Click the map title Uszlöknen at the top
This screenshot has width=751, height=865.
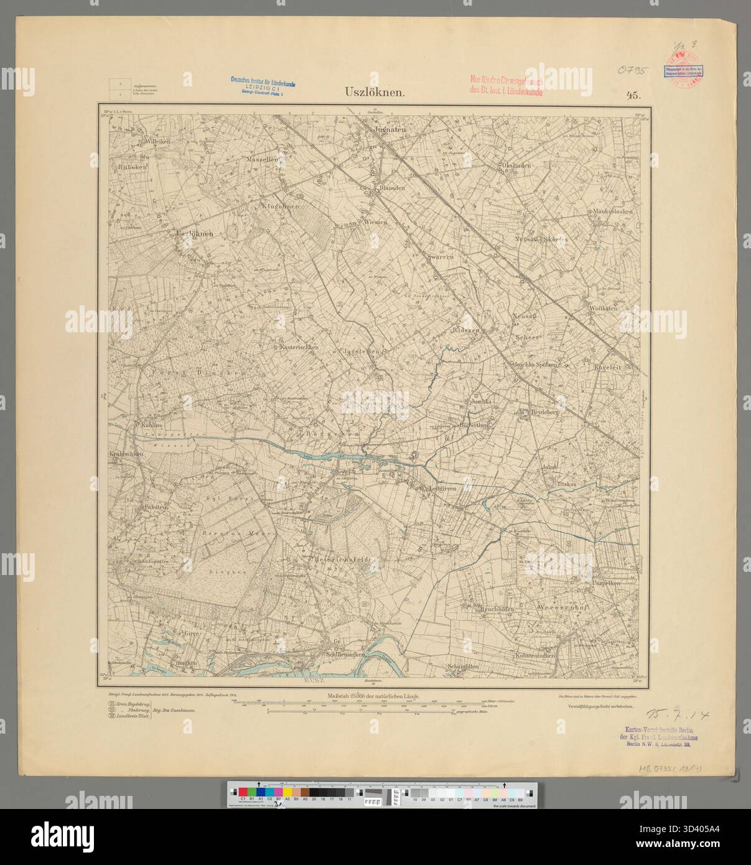376,93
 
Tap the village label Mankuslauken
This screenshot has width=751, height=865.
612,212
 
